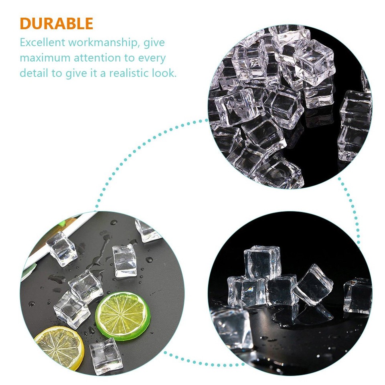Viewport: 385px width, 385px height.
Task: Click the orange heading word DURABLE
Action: [56, 24]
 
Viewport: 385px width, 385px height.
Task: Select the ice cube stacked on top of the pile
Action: [262, 261]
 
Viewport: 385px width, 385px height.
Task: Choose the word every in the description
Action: [152, 58]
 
